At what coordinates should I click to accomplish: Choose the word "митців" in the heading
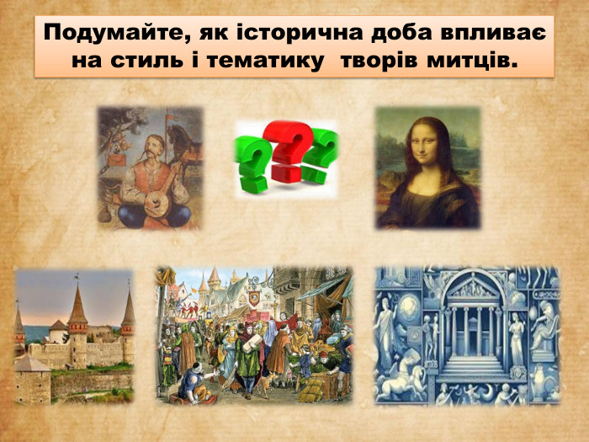click(x=475, y=61)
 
